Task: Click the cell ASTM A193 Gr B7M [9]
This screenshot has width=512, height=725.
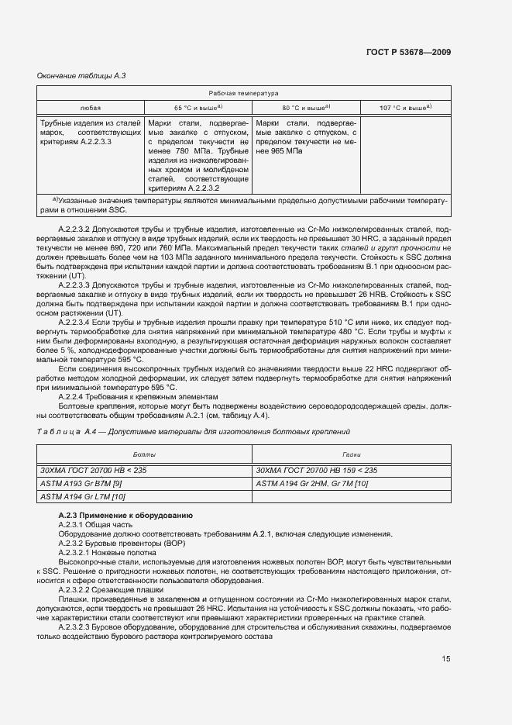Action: click(81, 483)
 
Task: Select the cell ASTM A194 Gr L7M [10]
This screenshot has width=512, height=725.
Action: click(82, 497)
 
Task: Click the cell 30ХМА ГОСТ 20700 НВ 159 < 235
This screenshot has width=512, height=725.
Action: click(316, 470)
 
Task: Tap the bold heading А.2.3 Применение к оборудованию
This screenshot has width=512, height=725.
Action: click(125, 516)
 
